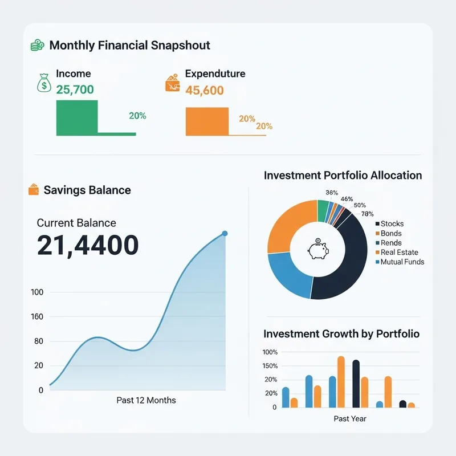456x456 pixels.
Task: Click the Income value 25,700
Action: [x=75, y=89]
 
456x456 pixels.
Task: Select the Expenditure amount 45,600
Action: [x=205, y=91]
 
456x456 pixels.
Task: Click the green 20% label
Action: [x=137, y=116]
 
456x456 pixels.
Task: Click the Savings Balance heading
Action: [x=87, y=190]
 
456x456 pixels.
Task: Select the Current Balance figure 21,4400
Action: [x=88, y=245]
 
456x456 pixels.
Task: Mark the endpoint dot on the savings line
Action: [x=225, y=233]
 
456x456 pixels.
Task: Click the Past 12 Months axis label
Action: [x=146, y=400]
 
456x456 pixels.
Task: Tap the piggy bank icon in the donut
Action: [x=317, y=249]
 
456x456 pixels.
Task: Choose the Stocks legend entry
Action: [x=392, y=224]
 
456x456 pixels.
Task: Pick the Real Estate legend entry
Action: [x=399, y=252]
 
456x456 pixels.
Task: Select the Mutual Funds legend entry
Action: [x=402, y=262]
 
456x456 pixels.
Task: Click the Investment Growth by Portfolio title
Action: [x=341, y=333]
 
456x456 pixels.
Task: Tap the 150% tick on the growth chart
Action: [x=270, y=365]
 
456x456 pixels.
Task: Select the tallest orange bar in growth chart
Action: [x=341, y=382]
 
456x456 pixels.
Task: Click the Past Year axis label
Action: [x=350, y=419]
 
